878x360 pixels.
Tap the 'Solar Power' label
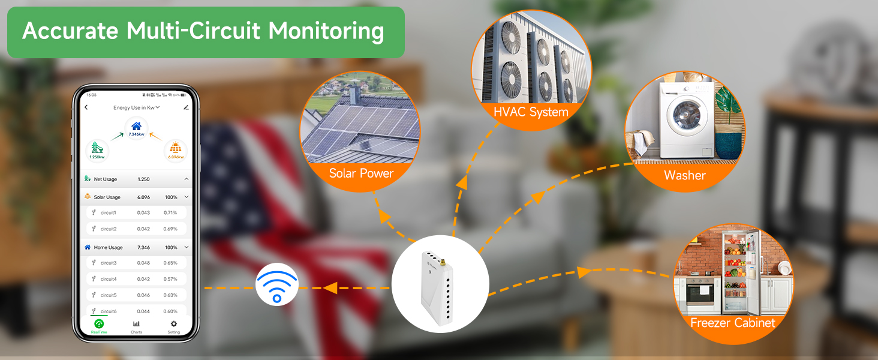point(361,173)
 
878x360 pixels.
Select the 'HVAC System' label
point(531,112)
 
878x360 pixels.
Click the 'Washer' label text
point(685,175)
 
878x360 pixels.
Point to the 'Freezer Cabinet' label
point(732,323)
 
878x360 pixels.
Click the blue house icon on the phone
point(137,126)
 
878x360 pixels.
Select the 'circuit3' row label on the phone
point(109,263)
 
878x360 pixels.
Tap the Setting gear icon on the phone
point(174,324)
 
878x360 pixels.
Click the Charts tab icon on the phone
point(136,324)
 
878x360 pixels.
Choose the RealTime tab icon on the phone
point(99,324)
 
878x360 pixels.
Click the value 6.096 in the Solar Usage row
point(144,197)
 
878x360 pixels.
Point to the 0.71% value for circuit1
point(170,212)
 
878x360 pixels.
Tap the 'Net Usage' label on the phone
point(106,179)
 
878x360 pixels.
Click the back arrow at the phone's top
point(86,107)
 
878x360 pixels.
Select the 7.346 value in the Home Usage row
point(144,247)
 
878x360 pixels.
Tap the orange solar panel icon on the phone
point(176,148)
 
